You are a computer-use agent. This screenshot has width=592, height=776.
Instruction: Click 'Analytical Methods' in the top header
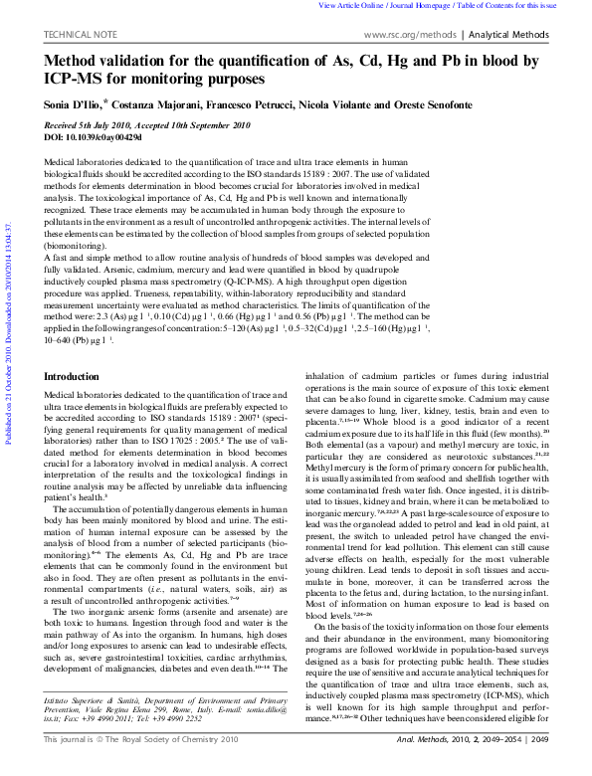[x=508, y=34]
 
